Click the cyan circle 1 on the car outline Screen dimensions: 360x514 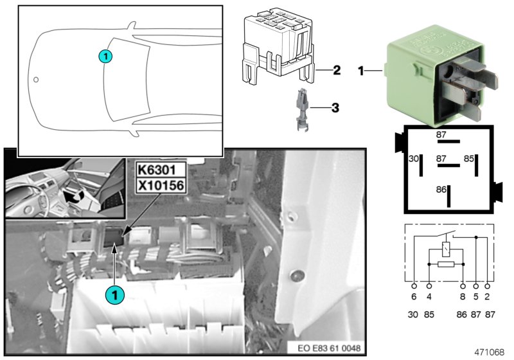[x=106, y=57]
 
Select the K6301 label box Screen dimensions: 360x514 [x=160, y=170]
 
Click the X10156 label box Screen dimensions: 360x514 [x=160, y=186]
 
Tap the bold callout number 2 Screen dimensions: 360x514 [x=336, y=69]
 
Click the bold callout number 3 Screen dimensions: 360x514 [x=334, y=108]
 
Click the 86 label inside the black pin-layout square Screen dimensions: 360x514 [x=441, y=190]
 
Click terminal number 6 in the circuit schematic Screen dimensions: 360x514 [x=414, y=298]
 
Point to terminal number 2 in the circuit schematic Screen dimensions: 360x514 [x=489, y=298]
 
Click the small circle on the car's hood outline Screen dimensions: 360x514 [x=36, y=80]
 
